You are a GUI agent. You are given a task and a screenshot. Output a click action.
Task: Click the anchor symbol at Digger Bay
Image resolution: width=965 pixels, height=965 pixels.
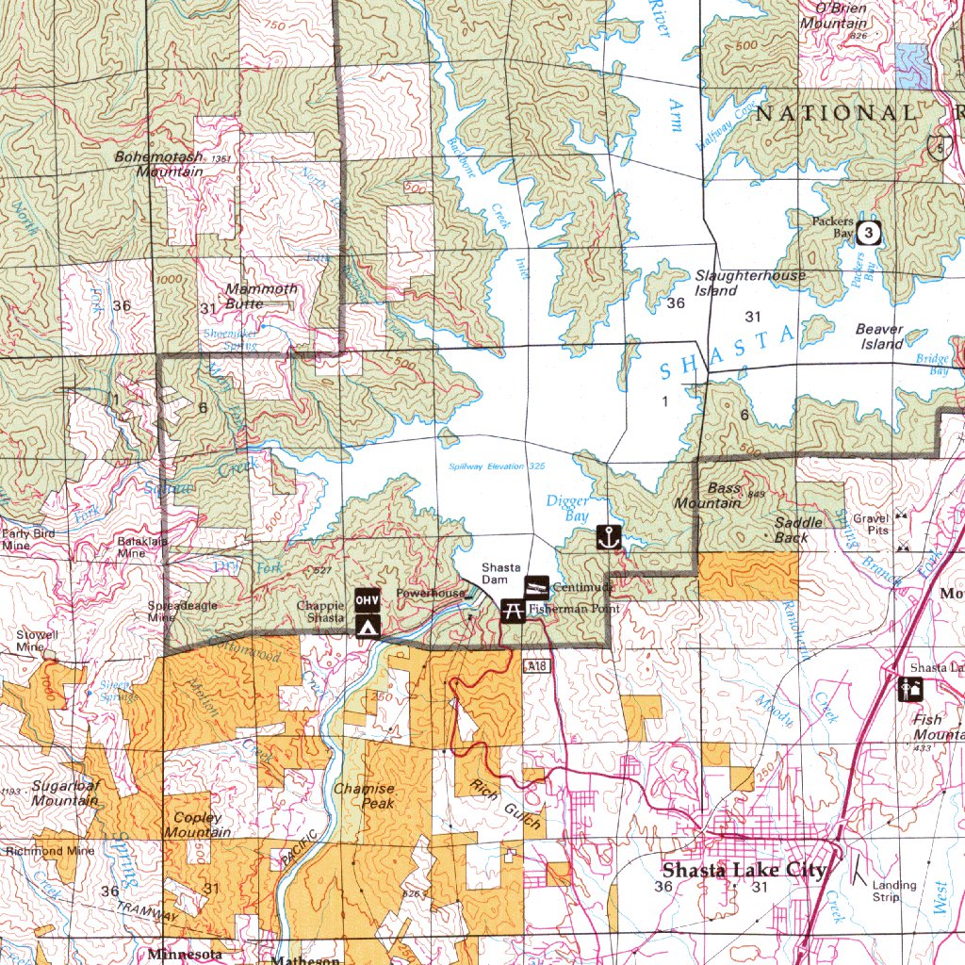point(609,539)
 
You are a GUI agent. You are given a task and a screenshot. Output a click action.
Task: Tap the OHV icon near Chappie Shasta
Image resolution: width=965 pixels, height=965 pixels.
point(368,599)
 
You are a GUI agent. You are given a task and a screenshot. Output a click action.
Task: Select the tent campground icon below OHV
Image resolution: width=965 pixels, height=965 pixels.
point(368,625)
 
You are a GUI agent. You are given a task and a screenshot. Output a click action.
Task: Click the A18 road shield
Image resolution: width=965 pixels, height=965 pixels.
point(535,666)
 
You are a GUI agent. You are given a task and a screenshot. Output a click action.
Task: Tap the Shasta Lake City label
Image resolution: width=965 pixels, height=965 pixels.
point(744,870)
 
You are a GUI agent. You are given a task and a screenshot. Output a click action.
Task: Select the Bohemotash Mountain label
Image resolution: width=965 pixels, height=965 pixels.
point(158,164)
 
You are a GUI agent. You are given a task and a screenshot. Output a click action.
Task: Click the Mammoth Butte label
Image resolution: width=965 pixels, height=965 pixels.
point(261,296)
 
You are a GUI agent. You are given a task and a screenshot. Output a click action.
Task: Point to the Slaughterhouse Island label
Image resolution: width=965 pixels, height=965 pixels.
point(750,283)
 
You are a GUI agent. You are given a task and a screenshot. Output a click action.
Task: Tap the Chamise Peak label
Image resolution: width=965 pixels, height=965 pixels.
point(364,795)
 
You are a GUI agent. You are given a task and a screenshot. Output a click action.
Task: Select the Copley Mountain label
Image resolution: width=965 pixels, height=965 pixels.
point(197,825)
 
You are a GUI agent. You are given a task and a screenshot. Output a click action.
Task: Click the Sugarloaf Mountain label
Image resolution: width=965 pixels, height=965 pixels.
point(64,793)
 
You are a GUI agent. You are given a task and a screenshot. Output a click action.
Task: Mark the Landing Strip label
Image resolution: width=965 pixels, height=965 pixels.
point(893,891)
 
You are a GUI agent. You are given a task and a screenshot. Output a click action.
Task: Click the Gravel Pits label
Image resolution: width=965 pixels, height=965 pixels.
point(871,525)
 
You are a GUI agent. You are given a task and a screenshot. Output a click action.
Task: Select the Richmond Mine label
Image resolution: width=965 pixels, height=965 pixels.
point(49,851)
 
